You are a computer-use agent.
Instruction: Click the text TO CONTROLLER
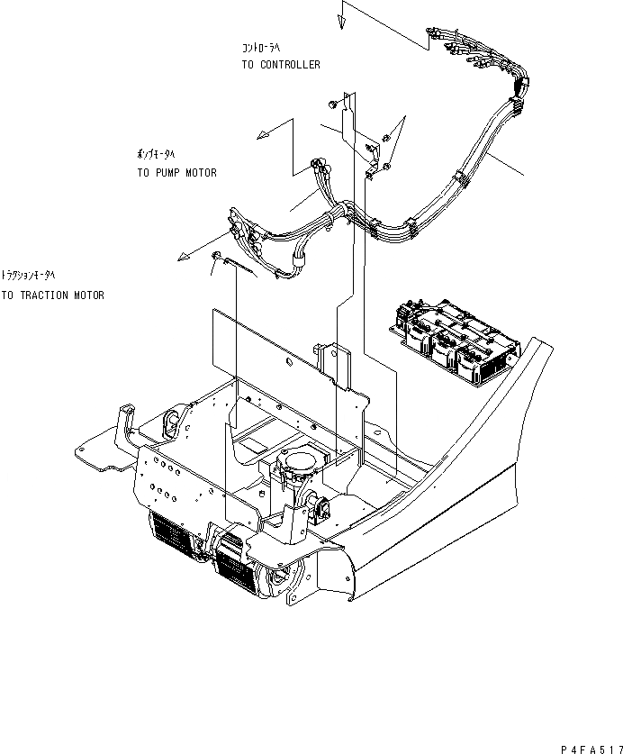pos(280,65)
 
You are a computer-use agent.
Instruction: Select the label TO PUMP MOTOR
pos(176,172)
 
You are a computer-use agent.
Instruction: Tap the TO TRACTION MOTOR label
pos(52,295)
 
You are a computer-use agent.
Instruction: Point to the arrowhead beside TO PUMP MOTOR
pos(263,135)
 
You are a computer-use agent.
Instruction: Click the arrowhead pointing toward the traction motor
pos(184,258)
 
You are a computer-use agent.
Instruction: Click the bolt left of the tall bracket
pos(333,105)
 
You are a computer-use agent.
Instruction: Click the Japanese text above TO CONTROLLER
pos(262,47)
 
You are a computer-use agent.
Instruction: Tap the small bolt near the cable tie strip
pos(217,255)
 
